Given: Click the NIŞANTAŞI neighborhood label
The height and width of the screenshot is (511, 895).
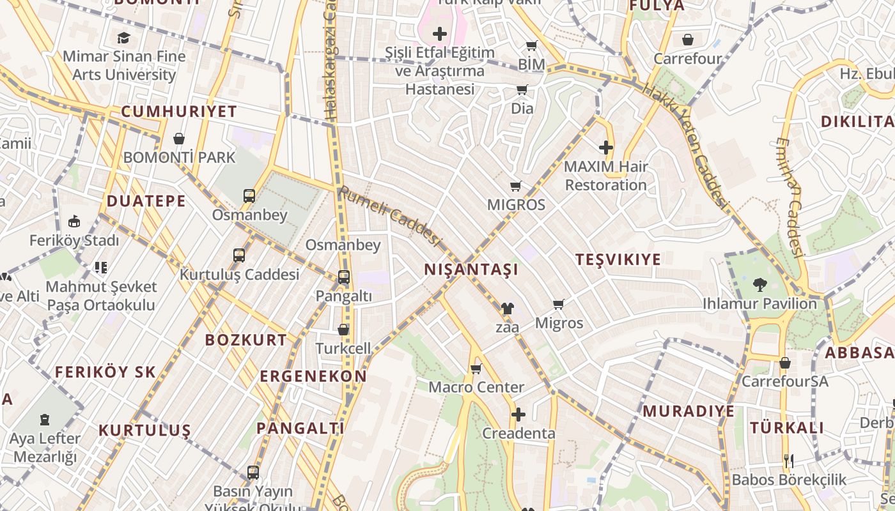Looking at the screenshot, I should (471, 270).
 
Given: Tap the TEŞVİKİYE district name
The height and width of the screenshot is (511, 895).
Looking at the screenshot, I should (618, 259).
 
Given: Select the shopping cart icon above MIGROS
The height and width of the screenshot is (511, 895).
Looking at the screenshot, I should (516, 187).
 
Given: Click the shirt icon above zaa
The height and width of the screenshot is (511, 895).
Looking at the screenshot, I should (507, 309).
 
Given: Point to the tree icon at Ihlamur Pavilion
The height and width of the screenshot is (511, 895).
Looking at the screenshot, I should (759, 284).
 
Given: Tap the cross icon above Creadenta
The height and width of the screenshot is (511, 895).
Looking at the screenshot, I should (518, 415).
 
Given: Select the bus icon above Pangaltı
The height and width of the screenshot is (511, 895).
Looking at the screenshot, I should (344, 277).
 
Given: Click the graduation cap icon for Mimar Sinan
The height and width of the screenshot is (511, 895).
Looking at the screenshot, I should (123, 38).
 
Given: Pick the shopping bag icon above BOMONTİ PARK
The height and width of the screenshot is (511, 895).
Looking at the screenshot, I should (179, 139).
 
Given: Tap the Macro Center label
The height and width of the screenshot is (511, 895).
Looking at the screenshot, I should (476, 387).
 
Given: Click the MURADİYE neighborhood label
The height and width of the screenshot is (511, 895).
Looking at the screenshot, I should (689, 411).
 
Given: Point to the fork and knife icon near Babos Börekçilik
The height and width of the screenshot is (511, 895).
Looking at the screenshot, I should (789, 461).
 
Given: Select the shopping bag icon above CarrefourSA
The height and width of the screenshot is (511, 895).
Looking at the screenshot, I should (785, 363).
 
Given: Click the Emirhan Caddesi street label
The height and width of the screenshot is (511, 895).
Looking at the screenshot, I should (790, 198).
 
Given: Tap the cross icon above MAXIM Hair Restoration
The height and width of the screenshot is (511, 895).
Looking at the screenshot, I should (605, 148).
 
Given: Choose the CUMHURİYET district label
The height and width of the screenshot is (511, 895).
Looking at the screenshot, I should (179, 111).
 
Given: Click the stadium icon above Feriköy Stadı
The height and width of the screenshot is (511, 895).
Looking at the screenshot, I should (74, 222).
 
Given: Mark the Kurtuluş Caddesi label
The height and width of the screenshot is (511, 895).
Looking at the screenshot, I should (239, 275).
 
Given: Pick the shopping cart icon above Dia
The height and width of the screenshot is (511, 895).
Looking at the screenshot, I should (522, 90).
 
